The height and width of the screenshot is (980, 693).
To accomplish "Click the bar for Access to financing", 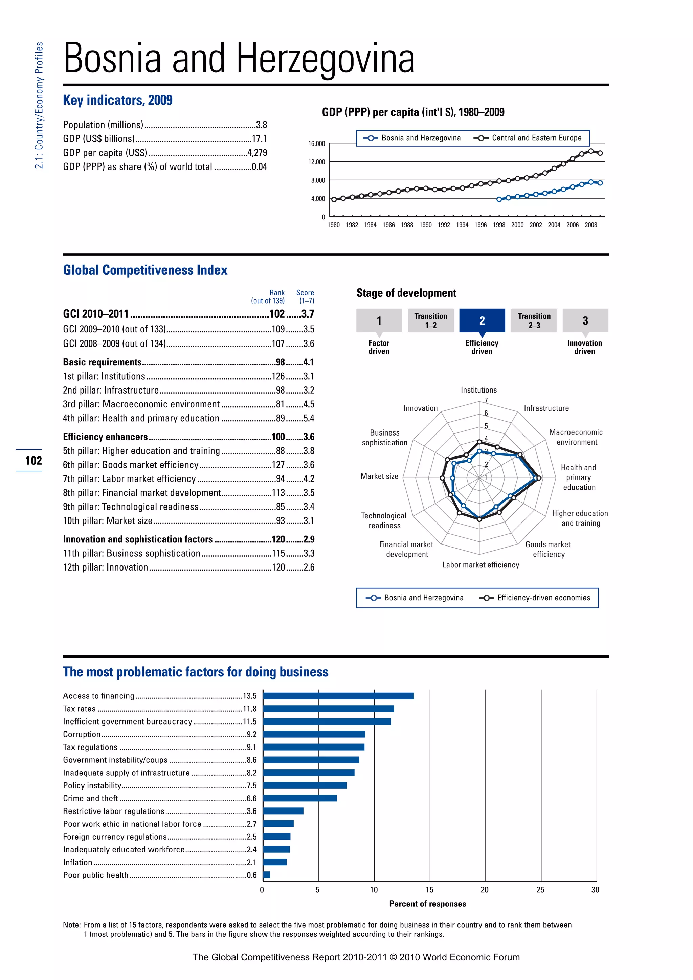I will [x=338, y=696].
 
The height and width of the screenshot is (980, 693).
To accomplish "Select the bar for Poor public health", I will [x=267, y=875].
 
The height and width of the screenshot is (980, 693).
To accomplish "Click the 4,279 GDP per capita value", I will [x=257, y=153].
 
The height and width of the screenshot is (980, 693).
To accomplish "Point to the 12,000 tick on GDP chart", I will [x=317, y=162].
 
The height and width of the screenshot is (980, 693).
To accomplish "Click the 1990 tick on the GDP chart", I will [x=425, y=225].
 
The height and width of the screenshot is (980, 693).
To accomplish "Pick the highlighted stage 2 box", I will [x=482, y=320].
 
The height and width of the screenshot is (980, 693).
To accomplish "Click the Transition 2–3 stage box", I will [x=534, y=320].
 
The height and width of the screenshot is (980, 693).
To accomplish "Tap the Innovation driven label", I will [x=584, y=347].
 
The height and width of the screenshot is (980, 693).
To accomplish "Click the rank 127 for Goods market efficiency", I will [x=278, y=465].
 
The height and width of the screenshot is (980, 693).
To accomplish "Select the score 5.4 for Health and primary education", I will [x=309, y=418].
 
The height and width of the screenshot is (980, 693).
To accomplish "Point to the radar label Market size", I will [x=379, y=476].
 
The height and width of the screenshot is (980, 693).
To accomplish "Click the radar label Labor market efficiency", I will [x=480, y=565].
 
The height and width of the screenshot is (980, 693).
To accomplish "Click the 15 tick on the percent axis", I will [x=429, y=890].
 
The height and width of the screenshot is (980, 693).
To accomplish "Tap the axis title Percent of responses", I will [x=428, y=904].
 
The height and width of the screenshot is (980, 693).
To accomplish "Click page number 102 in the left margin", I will [x=33, y=461].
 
